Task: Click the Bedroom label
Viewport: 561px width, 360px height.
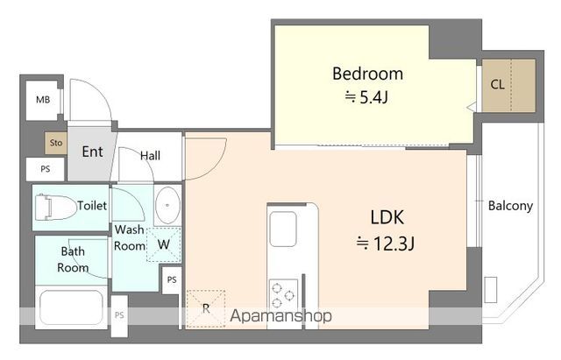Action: click(x=367, y=74)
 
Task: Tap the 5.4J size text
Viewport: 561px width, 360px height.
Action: click(x=366, y=97)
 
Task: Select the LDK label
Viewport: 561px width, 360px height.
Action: click(x=387, y=217)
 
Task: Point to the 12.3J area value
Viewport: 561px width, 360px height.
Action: click(x=386, y=244)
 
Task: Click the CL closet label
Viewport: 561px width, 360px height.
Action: click(x=497, y=85)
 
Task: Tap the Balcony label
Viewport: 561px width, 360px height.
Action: click(x=510, y=206)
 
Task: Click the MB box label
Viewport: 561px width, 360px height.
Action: click(x=43, y=100)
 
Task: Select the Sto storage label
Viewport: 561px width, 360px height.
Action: click(x=56, y=143)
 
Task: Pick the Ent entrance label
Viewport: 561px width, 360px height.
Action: click(x=92, y=152)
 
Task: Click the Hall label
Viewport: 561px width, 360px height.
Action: click(x=150, y=156)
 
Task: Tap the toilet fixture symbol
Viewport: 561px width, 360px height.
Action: click(x=55, y=208)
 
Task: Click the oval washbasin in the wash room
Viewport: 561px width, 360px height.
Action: click(x=167, y=206)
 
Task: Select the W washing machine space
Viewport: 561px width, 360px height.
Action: click(x=164, y=245)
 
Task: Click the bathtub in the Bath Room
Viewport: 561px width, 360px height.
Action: click(x=72, y=308)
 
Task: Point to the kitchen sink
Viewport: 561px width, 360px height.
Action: click(x=282, y=229)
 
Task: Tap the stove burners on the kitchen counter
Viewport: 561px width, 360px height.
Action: click(x=282, y=295)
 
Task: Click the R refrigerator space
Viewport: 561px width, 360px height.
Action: click(x=206, y=309)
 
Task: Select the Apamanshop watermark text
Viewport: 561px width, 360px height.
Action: click(x=280, y=316)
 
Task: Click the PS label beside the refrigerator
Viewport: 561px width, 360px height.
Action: click(x=172, y=279)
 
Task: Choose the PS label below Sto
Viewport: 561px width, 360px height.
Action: click(x=45, y=169)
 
